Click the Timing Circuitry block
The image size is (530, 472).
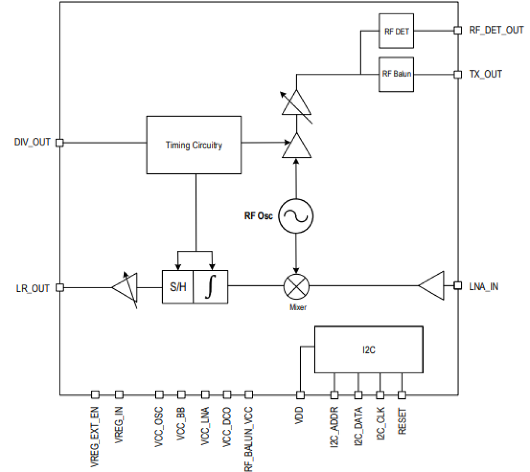pyautogui.click(x=194, y=145)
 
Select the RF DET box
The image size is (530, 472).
pyautogui.click(x=396, y=31)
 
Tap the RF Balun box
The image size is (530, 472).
pyautogui.click(x=396, y=74)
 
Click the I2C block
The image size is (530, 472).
pyautogui.click(x=368, y=349)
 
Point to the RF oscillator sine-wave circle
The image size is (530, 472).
pyautogui.click(x=296, y=216)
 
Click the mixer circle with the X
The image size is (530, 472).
pyautogui.click(x=296, y=286)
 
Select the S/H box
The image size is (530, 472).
pyautogui.click(x=178, y=287)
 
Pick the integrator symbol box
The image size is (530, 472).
pyautogui.click(x=210, y=287)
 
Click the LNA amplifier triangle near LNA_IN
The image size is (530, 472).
pyautogui.click(x=433, y=286)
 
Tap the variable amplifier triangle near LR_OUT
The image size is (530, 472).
pyautogui.click(x=126, y=288)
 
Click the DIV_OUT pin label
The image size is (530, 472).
pyautogui.click(x=32, y=142)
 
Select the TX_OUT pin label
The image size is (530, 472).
pyautogui.click(x=485, y=74)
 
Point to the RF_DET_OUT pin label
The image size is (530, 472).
pyautogui.click(x=496, y=30)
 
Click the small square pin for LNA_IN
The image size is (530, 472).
pyautogui.click(x=457, y=286)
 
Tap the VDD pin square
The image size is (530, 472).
pyautogui.click(x=300, y=395)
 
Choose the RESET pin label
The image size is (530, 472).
pyautogui.click(x=402, y=421)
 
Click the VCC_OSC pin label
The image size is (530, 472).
pyautogui.click(x=159, y=427)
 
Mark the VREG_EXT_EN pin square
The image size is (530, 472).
pyautogui.click(x=95, y=395)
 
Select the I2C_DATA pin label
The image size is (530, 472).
pyautogui.click(x=358, y=426)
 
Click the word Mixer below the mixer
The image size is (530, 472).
pyautogui.click(x=297, y=308)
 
